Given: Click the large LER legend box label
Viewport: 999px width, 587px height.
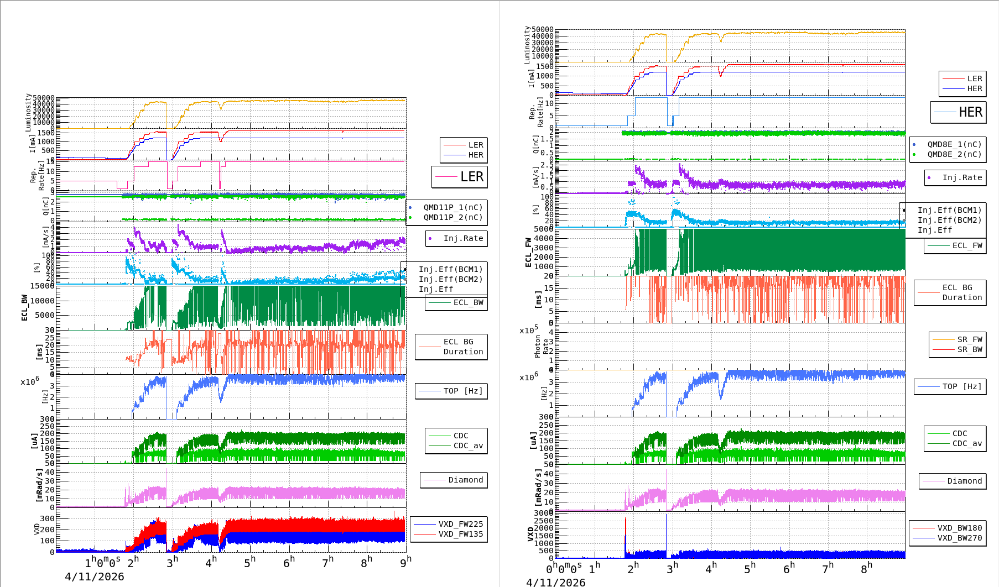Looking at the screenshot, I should click(472, 177).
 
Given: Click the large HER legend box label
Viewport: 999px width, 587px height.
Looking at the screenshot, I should click(970, 112).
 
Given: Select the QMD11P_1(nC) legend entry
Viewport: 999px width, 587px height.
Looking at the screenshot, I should click(453, 207).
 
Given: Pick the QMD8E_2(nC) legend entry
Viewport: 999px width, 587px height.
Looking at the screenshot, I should click(954, 154).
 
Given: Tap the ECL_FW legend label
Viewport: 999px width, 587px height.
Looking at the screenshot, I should click(967, 245).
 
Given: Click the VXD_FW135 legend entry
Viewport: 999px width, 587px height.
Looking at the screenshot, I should click(460, 534).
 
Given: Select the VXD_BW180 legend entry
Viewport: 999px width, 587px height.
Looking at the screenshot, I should click(959, 528).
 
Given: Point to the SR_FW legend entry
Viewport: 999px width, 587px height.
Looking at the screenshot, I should click(969, 339).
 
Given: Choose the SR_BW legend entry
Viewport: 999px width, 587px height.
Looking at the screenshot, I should click(969, 349).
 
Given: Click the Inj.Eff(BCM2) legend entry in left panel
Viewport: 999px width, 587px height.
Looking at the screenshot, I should click(450, 279).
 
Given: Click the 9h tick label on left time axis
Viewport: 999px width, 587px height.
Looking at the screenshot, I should click(406, 562).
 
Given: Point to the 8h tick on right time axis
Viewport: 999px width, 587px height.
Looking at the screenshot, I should click(866, 568).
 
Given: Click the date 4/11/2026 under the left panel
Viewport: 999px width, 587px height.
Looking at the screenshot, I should click(94, 576).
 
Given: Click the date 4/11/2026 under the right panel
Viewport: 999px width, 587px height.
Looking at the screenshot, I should click(555, 582).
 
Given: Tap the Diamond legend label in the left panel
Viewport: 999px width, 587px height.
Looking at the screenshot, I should click(465, 480).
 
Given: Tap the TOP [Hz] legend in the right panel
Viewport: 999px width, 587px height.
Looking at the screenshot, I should click(962, 386).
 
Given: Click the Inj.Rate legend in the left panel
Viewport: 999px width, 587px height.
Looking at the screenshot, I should click(463, 238).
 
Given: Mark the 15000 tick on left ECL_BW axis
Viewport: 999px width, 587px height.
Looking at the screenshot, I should click(42, 286).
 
